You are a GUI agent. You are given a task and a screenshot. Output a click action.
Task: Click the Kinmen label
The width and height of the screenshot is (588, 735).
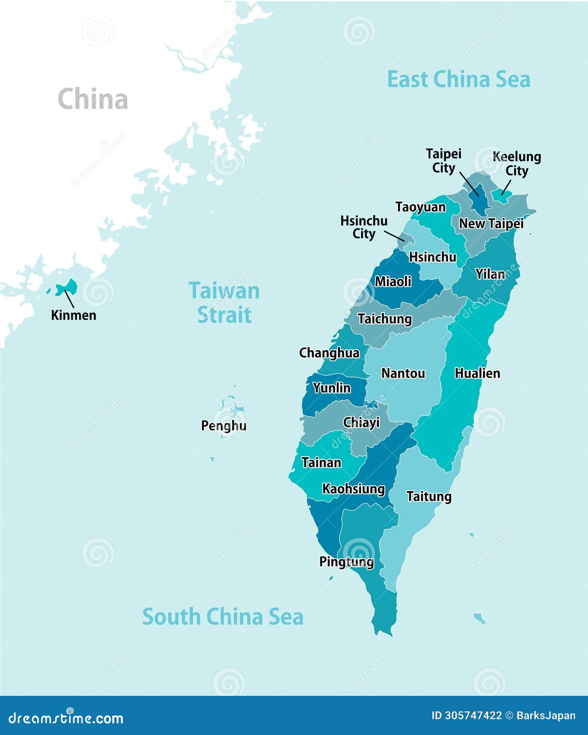tap(73, 315)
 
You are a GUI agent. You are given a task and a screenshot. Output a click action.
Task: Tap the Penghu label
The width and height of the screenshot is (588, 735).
tap(223, 425)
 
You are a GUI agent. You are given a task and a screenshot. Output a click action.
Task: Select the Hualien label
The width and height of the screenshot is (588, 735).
tap(477, 373)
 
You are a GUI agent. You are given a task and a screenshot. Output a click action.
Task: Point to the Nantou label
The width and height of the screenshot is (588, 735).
tap(403, 373)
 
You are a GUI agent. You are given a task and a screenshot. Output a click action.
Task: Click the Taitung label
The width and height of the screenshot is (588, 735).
tap(429, 496)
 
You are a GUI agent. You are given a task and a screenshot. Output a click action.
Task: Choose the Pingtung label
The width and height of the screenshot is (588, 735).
tap(346, 561)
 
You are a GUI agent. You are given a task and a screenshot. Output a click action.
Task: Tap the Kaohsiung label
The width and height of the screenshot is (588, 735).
tap(353, 489)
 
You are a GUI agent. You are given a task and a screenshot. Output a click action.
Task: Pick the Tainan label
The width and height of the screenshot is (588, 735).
tap(321, 462)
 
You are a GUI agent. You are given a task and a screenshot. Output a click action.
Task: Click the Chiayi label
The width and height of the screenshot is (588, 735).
tap(361, 422)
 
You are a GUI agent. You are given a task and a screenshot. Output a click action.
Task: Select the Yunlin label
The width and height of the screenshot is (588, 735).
tap(332, 388)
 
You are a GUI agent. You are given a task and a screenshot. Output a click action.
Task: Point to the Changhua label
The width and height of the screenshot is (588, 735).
tap(329, 353)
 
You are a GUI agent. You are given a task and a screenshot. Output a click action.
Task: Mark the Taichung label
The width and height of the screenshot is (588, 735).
tap(385, 319)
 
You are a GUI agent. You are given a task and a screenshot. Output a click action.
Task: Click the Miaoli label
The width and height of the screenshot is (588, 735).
tap(393, 281)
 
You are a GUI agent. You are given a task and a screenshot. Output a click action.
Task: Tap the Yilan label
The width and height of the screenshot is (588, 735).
tap(490, 274)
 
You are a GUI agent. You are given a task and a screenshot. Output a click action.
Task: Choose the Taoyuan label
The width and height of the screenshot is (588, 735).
tap(420, 207)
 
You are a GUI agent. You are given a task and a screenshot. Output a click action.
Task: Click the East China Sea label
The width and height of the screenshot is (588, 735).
tap(458, 80)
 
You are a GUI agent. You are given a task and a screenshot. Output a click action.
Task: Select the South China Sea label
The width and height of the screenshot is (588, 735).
tap(223, 617)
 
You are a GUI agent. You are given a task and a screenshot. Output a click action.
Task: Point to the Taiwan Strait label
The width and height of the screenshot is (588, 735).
tap(224, 303)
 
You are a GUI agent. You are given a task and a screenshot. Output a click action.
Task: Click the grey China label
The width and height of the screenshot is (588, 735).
tap(93, 99)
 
